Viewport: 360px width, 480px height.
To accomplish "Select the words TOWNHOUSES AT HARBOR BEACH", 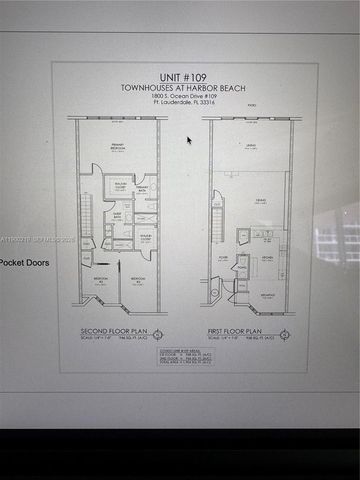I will coord(184,86).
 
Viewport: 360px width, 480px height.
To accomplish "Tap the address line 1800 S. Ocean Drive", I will coord(184,95).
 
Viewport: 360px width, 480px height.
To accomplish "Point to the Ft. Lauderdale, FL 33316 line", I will coord(184,103).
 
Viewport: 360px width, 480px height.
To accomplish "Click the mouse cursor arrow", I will coord(189,140).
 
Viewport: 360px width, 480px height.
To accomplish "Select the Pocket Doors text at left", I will coord(24,263).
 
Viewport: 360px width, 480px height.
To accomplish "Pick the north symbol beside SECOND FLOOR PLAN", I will coord(157,332).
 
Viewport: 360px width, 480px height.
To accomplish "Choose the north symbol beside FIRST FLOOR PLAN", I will coord(285,332).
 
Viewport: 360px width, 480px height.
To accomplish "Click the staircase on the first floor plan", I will coord(215,212).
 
